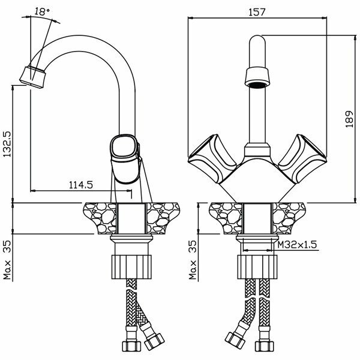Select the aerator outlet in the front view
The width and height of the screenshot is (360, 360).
coord(258,80)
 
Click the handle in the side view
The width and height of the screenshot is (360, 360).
coord(124,153)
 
